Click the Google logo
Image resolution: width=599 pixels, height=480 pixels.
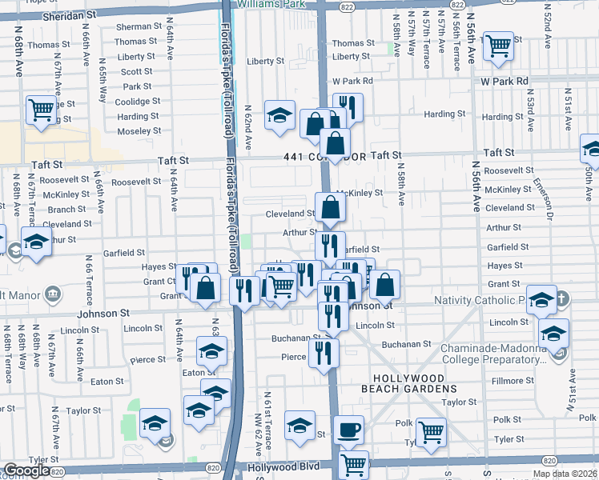[26, 470]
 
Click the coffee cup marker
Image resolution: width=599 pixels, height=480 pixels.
[348, 430]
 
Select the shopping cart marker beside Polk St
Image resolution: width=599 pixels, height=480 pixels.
[431, 432]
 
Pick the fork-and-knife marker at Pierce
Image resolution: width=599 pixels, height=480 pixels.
[324, 352]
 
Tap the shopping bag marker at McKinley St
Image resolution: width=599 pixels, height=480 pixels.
[330, 208]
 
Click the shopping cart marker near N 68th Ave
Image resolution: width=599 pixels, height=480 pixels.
[41, 110]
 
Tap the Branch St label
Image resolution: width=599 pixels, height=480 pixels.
[61, 210]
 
